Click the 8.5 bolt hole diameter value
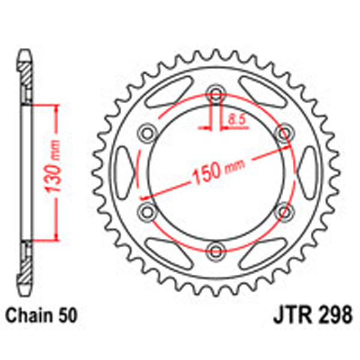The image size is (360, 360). click(x=236, y=119)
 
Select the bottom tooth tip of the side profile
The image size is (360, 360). click(x=26, y=288)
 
